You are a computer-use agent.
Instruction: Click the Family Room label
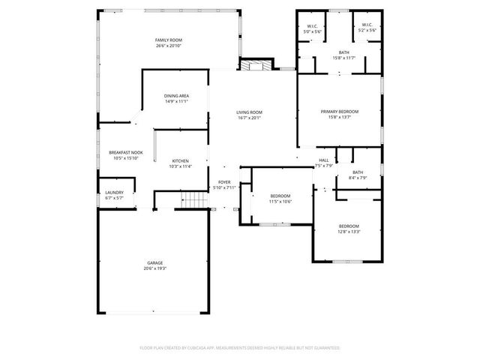(169, 40)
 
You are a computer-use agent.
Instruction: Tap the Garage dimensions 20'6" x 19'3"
(155, 268)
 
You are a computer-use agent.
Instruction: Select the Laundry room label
(114, 192)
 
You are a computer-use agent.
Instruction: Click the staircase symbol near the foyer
(194, 200)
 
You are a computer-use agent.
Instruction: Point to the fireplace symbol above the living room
(253, 65)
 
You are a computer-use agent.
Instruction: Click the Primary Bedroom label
(340, 112)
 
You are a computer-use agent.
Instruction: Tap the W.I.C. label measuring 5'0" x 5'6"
(312, 25)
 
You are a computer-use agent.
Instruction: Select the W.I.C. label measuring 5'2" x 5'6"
(367, 25)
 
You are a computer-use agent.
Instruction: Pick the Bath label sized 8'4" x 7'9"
(358, 172)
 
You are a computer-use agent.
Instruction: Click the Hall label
(324, 160)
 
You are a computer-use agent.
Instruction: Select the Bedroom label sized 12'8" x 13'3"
(349, 226)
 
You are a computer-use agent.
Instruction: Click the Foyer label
(224, 182)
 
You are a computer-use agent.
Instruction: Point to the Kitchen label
(180, 160)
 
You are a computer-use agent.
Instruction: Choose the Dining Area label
(176, 96)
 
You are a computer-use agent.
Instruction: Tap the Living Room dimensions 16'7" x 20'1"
(249, 118)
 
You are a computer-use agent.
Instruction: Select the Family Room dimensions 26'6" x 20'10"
(169, 46)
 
